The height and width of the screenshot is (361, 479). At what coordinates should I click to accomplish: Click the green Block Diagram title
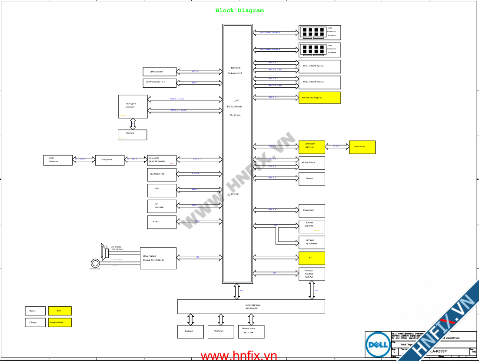[239, 10]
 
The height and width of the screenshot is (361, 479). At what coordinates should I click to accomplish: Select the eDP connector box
[160, 71]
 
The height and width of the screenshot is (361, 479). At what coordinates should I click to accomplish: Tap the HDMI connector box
[160, 82]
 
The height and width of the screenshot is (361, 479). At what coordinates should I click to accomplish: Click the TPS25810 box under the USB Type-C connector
[133, 135]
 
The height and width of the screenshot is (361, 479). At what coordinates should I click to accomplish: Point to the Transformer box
[110, 160]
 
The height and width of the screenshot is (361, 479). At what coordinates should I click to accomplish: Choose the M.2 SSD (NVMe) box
[162, 174]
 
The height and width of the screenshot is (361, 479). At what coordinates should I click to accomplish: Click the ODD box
[162, 190]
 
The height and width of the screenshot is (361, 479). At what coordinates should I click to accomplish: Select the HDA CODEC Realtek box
[158, 258]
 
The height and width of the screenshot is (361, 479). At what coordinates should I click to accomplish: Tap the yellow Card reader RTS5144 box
[312, 147]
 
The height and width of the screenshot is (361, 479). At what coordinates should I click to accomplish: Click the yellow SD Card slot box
[362, 147]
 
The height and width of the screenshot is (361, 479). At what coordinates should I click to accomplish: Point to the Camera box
[312, 179]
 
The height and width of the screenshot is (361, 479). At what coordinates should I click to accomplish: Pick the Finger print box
[312, 210]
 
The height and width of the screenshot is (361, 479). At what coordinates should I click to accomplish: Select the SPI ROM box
[312, 242]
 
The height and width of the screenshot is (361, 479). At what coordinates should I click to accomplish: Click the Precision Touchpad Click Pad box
[312, 274]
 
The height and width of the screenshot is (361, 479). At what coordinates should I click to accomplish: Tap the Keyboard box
[190, 331]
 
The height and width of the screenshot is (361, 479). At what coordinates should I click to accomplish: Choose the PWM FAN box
[221, 331]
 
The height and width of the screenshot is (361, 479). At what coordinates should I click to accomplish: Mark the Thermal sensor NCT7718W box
[251, 331]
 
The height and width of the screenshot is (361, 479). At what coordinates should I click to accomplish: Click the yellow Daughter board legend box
[60, 322]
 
